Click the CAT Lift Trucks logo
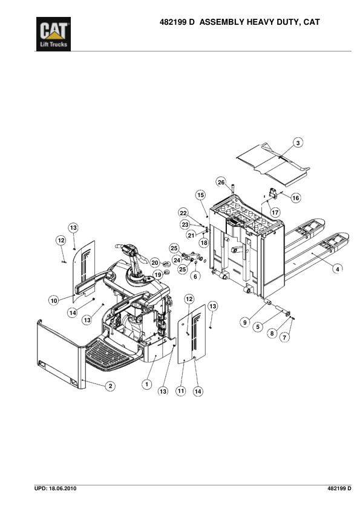tap(53, 34)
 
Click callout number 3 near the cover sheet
tap(298, 143)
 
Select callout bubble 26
tap(221, 182)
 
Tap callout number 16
tap(296, 198)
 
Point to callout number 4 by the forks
tap(337, 269)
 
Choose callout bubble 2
tap(111, 386)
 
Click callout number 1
tap(147, 384)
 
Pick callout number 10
tap(54, 300)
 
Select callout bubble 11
tap(181, 391)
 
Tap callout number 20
tap(155, 263)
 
